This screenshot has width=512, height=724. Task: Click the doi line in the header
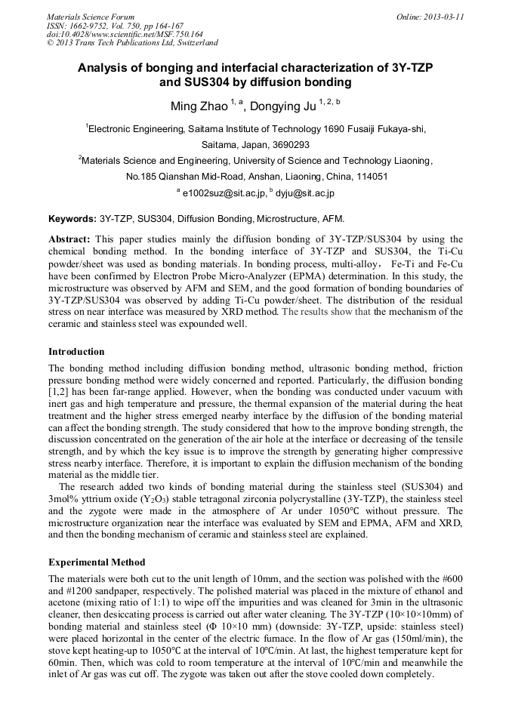125,34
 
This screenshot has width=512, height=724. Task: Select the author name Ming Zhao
196,103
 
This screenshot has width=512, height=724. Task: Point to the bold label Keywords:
72,220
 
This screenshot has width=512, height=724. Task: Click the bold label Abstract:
70,239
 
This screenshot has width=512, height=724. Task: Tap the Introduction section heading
77,352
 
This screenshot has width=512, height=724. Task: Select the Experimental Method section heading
97,562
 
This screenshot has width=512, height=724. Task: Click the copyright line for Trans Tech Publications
132,43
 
